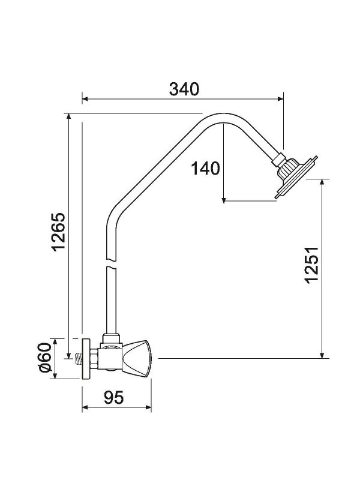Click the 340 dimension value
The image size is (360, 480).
coord(184,89)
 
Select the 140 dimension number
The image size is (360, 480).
coord(206,169)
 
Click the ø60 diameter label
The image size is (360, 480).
coord(43,359)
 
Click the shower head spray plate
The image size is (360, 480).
coord(298,178)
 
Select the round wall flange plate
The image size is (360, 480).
coord(86,359)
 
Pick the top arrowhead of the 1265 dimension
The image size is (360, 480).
coord(69,117)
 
